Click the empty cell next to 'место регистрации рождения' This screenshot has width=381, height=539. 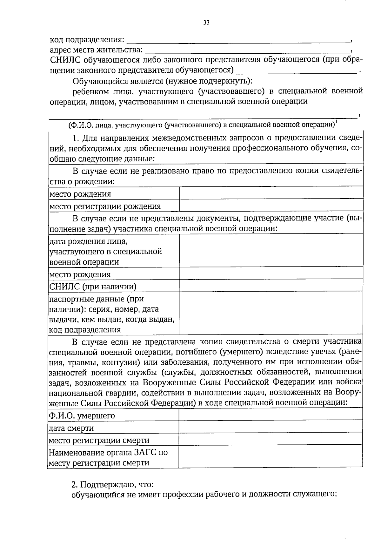click(271, 205)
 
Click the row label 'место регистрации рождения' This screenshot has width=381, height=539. click(105, 206)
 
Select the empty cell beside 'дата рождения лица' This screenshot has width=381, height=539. click(271, 250)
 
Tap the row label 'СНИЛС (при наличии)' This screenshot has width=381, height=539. click(93, 287)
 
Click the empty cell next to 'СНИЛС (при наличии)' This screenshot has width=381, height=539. click(271, 286)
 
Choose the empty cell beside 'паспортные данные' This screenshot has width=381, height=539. click(271, 313)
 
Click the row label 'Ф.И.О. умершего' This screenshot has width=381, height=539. click(82, 415)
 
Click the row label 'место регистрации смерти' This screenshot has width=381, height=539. click(99, 440)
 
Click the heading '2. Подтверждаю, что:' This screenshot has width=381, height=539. click(112, 485)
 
